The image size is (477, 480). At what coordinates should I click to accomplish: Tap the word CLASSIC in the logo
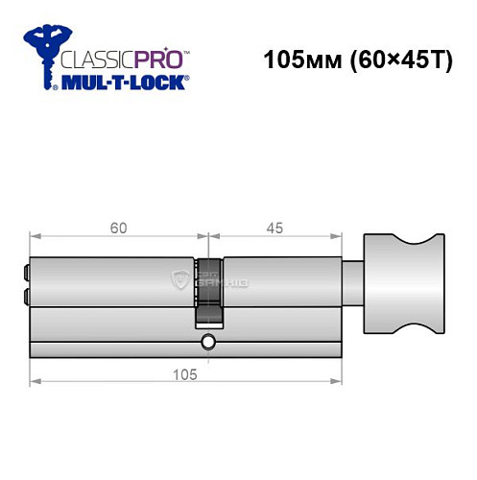click(x=94, y=59)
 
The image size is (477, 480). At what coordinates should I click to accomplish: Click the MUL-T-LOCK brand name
click(x=123, y=84)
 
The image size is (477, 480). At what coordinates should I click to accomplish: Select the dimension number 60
click(x=118, y=229)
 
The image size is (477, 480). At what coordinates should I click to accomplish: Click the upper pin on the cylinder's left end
click(x=25, y=272)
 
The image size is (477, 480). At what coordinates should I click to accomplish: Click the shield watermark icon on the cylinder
click(x=179, y=279)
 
